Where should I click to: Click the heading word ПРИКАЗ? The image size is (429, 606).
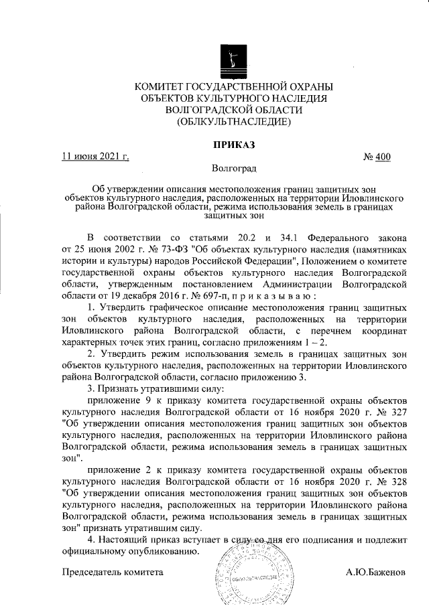coord(234,144)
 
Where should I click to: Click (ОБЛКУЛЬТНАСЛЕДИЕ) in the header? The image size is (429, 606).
coord(234,122)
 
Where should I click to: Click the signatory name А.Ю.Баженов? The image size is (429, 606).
coord(376,573)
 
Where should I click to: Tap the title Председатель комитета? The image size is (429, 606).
coord(112,573)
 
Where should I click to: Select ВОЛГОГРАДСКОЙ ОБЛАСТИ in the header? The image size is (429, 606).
coord(234,110)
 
